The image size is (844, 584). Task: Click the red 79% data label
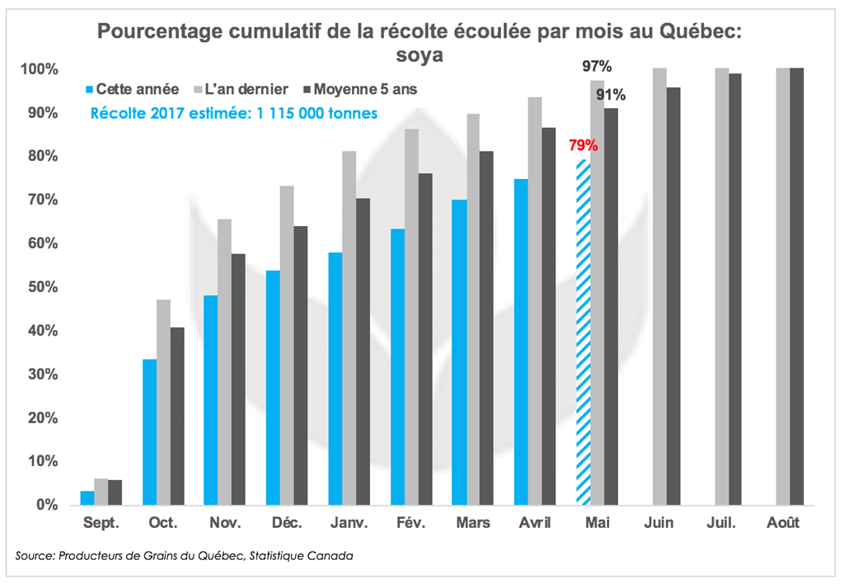pyautogui.click(x=583, y=147)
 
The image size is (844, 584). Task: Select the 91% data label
pyautogui.click(x=611, y=94)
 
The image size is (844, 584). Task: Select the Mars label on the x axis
pyautogui.click(x=473, y=523)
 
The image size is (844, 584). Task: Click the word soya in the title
pyautogui.click(x=420, y=55)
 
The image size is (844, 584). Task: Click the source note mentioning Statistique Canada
pyautogui.click(x=185, y=556)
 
